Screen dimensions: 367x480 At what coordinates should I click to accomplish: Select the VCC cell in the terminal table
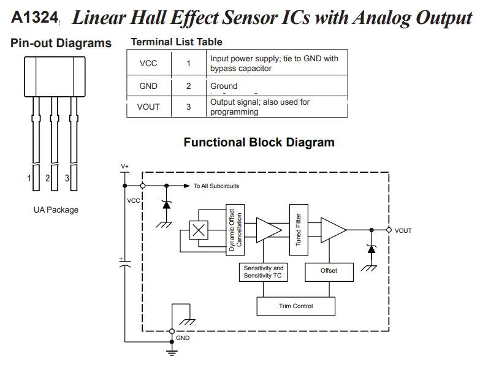148,63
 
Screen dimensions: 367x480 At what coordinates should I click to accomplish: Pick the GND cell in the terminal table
148,86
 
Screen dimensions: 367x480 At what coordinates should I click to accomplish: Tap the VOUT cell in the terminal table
148,107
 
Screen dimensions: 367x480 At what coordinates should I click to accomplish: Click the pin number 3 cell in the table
188,107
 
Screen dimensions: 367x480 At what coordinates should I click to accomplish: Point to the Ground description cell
224,86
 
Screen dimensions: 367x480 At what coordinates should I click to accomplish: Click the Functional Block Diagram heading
259,143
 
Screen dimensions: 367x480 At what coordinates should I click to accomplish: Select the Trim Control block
295,306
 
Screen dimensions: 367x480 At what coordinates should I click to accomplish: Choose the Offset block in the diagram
329,270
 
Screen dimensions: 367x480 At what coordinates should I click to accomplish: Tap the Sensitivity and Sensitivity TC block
264,272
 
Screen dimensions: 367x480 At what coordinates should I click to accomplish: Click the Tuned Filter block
299,229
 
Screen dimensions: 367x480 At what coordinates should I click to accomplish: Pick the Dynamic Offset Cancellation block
235,229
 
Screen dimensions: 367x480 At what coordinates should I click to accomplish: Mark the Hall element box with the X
198,230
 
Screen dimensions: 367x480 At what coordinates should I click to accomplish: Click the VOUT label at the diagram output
403,230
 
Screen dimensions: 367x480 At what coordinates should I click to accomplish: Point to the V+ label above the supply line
124,166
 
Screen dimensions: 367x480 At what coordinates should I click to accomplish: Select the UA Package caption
56,210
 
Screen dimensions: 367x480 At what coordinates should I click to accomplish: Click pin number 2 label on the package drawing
47,178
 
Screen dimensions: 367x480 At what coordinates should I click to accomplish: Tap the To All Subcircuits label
216,186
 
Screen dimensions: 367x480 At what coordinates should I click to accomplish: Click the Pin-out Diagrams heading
61,44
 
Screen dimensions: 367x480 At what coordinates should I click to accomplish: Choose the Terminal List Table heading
177,42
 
